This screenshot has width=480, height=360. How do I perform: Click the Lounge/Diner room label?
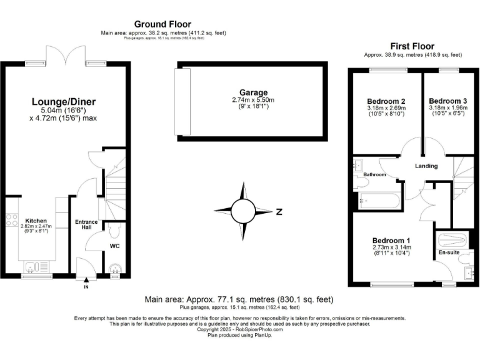coord(64,101)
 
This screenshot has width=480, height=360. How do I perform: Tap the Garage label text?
coord(252,92)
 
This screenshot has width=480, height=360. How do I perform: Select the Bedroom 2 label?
coord(386,101)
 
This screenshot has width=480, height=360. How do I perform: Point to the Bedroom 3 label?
coord(447,101)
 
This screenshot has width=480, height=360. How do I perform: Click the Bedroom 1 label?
coord(391,241)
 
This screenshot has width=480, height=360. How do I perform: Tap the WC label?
coord(114,246)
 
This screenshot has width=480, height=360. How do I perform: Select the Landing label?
coord(427,166)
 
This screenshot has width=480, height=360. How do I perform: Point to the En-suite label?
coord(449,252)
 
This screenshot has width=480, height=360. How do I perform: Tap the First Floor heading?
coord(412,46)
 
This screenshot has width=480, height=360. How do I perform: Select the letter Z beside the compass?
coord(279,212)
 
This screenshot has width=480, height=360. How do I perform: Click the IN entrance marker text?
coord(86,287)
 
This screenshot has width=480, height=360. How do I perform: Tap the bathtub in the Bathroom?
coord(380,201)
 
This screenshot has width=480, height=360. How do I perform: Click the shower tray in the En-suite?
coord(452,241)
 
